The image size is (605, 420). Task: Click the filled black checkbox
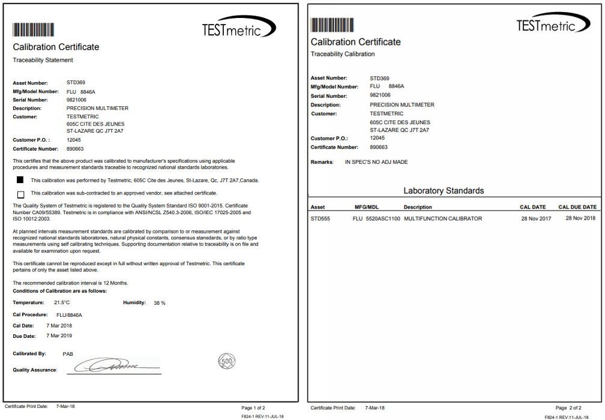point(21,180)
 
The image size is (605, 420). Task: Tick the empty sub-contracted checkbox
point(21,194)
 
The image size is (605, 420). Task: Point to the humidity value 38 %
point(160,303)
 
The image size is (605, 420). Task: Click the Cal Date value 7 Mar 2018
point(60,325)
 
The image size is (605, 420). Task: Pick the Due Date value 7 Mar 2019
point(60,335)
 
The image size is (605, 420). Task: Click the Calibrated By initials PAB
point(68,354)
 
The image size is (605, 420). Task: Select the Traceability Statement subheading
point(43,60)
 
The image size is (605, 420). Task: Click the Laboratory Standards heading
point(444,191)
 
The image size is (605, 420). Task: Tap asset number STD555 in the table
point(321,218)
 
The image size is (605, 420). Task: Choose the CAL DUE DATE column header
point(577,207)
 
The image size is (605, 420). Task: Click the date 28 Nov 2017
point(535,218)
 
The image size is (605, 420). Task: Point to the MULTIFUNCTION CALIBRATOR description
point(443,218)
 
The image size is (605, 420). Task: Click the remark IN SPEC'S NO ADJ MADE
point(376,162)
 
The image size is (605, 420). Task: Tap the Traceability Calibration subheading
point(343,54)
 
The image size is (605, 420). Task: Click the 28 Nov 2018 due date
point(580,218)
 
